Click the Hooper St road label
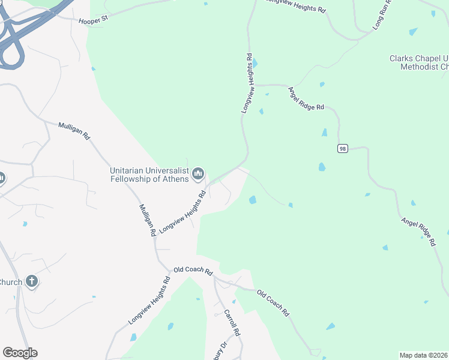[x=92, y=20]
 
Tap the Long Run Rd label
[x=382, y=13]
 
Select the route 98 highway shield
[x=342, y=148]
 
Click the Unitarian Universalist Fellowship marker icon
[x=198, y=174]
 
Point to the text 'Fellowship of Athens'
[x=150, y=178]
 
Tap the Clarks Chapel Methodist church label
[x=418, y=62]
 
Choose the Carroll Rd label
[x=232, y=323]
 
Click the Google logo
[x=20, y=353]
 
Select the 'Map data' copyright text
[x=423, y=355]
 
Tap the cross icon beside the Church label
[x=32, y=281]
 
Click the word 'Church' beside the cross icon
[x=11, y=282]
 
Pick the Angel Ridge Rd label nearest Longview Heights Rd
[x=306, y=99]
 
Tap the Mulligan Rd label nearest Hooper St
[x=74, y=131]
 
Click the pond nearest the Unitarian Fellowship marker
[x=253, y=200]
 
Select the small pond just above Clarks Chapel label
[x=413, y=31]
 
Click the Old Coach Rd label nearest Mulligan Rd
[x=193, y=271]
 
